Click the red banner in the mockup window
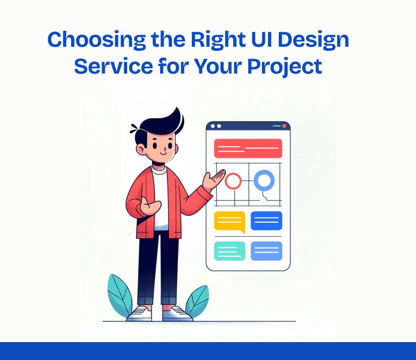(248, 148)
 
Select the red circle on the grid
(233, 181)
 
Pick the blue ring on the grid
(263, 180)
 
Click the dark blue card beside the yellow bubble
(266, 221)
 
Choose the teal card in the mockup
(230, 251)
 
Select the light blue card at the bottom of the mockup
(266, 251)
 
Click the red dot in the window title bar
(284, 126)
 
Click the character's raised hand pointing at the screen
(215, 179)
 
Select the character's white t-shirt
(161, 199)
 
